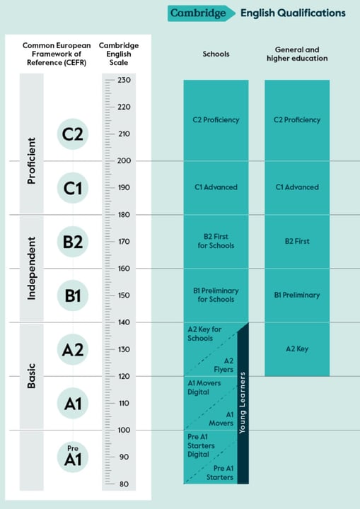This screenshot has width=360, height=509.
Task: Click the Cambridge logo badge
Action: (x=202, y=13)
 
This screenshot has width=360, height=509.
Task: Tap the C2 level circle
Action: (x=73, y=134)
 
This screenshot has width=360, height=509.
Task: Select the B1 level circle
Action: (x=73, y=296)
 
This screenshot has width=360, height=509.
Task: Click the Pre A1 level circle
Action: (x=73, y=457)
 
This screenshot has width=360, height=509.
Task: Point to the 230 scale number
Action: (x=124, y=80)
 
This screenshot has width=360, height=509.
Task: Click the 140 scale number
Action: (x=124, y=322)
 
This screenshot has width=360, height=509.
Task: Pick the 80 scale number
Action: (x=124, y=484)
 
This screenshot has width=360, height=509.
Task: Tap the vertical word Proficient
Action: (x=32, y=161)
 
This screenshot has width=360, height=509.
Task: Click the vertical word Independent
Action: (x=32, y=269)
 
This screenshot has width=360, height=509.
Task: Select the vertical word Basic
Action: (x=32, y=376)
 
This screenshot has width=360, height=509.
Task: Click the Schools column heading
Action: (x=216, y=54)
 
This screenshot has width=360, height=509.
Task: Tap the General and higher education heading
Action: (x=297, y=54)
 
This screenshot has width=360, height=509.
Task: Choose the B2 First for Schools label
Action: (x=216, y=241)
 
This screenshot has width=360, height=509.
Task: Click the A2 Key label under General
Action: (x=297, y=349)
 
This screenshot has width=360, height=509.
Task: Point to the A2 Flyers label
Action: (x=224, y=365)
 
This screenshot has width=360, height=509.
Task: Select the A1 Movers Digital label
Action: (x=204, y=387)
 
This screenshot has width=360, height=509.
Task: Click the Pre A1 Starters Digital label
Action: (x=201, y=445)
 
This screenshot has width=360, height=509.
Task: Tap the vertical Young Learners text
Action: (x=243, y=403)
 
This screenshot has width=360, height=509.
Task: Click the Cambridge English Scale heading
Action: (x=119, y=54)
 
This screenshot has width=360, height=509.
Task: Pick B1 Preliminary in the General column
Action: (x=297, y=295)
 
